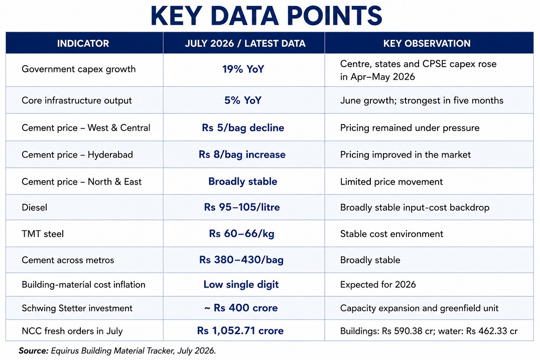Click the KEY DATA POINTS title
[266, 16]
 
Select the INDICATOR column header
[83, 43]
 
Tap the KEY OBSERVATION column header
[427, 43]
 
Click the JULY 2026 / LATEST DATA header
[245, 43]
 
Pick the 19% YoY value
[243, 69]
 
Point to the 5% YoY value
[243, 100]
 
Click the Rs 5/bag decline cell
[243, 128]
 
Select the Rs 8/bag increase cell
[242, 154]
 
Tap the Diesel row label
[35, 207]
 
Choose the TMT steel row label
[43, 234]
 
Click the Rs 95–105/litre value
[242, 207]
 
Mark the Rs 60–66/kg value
[242, 233]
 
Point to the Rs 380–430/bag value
[241, 260]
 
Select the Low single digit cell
[241, 285]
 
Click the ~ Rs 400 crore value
[241, 308]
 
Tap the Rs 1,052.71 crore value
[240, 331]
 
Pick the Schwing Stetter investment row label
[77, 308]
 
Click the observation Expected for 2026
[378, 285]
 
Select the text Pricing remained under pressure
[410, 128]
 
